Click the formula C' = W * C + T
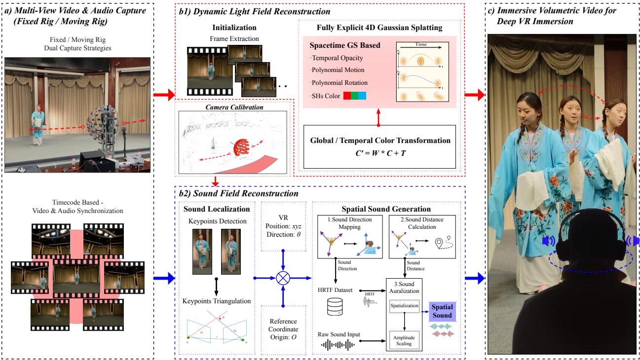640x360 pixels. pos(377,152)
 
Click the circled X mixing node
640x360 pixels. pos(283,278)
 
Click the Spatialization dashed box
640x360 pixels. pos(404,306)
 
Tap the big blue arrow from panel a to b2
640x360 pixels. pos(165,278)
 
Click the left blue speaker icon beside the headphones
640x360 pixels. pos(546,241)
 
